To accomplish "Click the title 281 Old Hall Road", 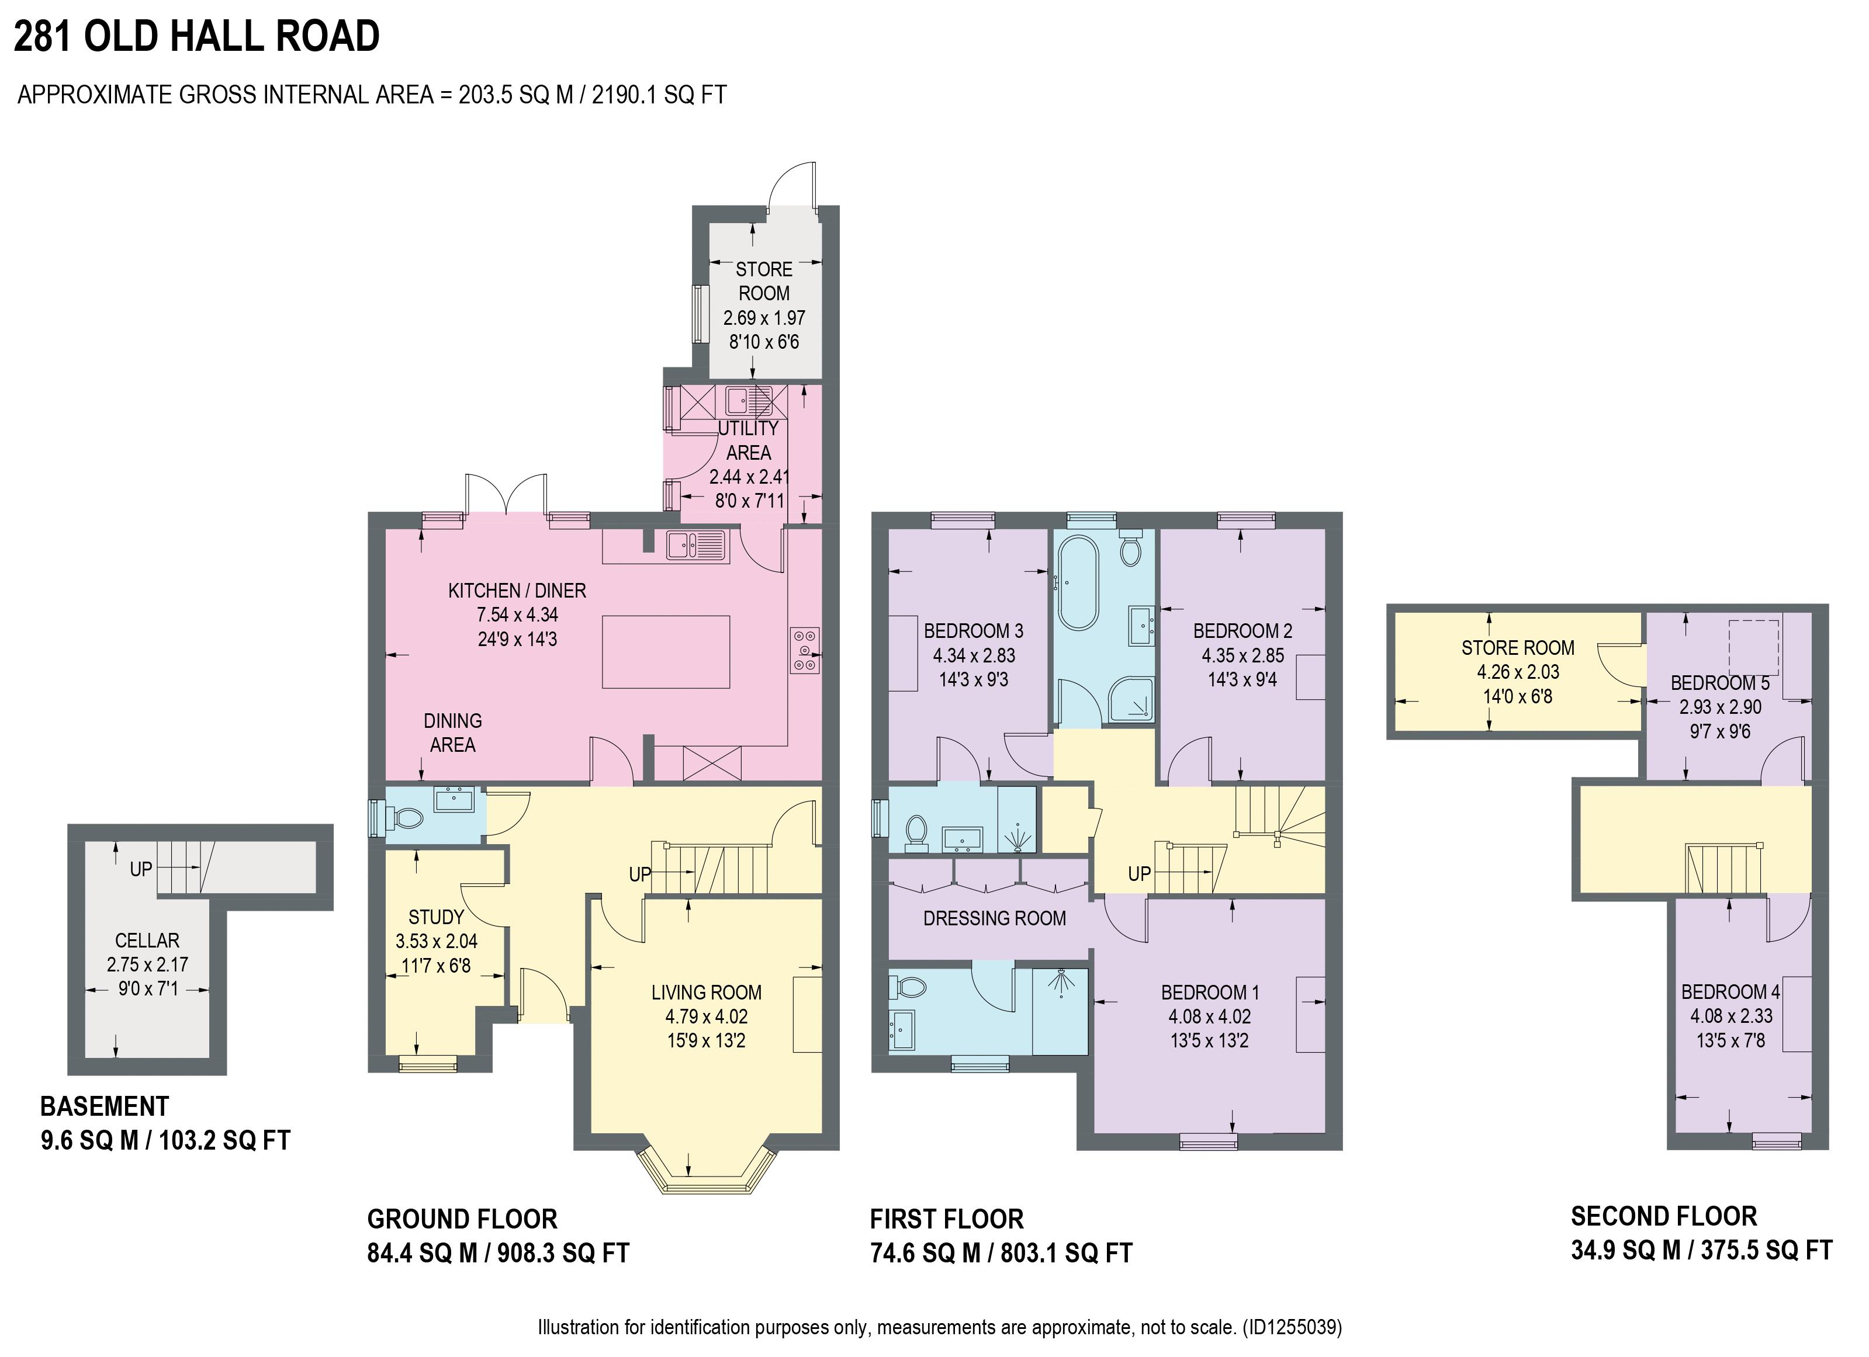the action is tap(197, 36).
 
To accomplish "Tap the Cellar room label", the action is tap(147, 940).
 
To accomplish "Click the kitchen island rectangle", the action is tap(666, 651).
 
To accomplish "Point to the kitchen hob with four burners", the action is tap(804, 650).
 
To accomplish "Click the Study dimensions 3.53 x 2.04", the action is tap(436, 941).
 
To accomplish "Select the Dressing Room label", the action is tap(994, 918).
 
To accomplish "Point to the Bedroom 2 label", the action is tap(1242, 631).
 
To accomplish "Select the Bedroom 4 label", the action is tap(1730, 991).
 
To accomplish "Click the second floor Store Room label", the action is tap(1518, 648).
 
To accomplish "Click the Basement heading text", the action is tap(105, 1106).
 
